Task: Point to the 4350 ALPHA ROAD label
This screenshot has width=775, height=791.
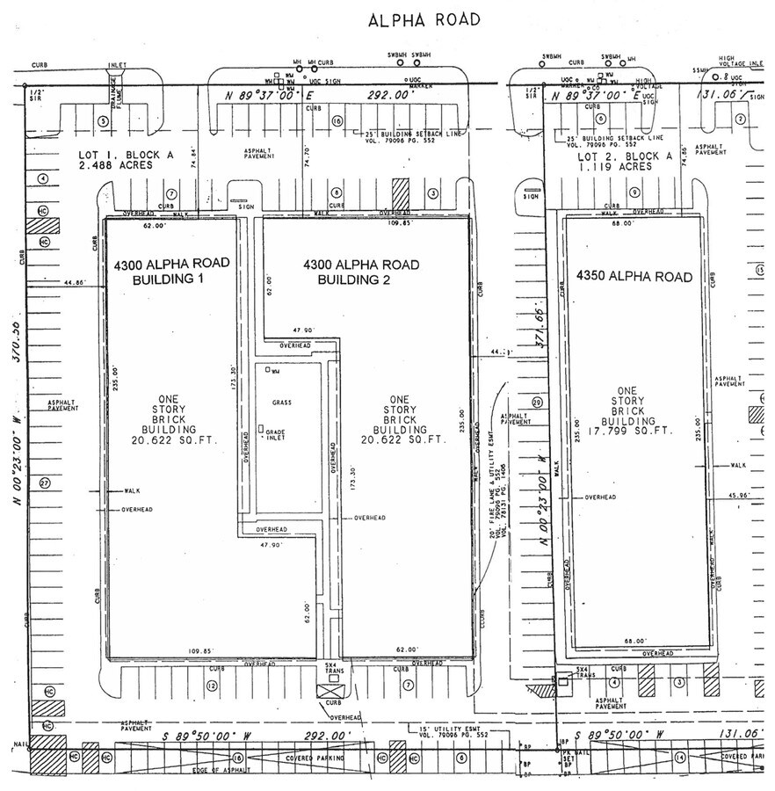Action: pyautogui.click(x=634, y=277)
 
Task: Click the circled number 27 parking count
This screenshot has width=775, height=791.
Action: pyautogui.click(x=44, y=483)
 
